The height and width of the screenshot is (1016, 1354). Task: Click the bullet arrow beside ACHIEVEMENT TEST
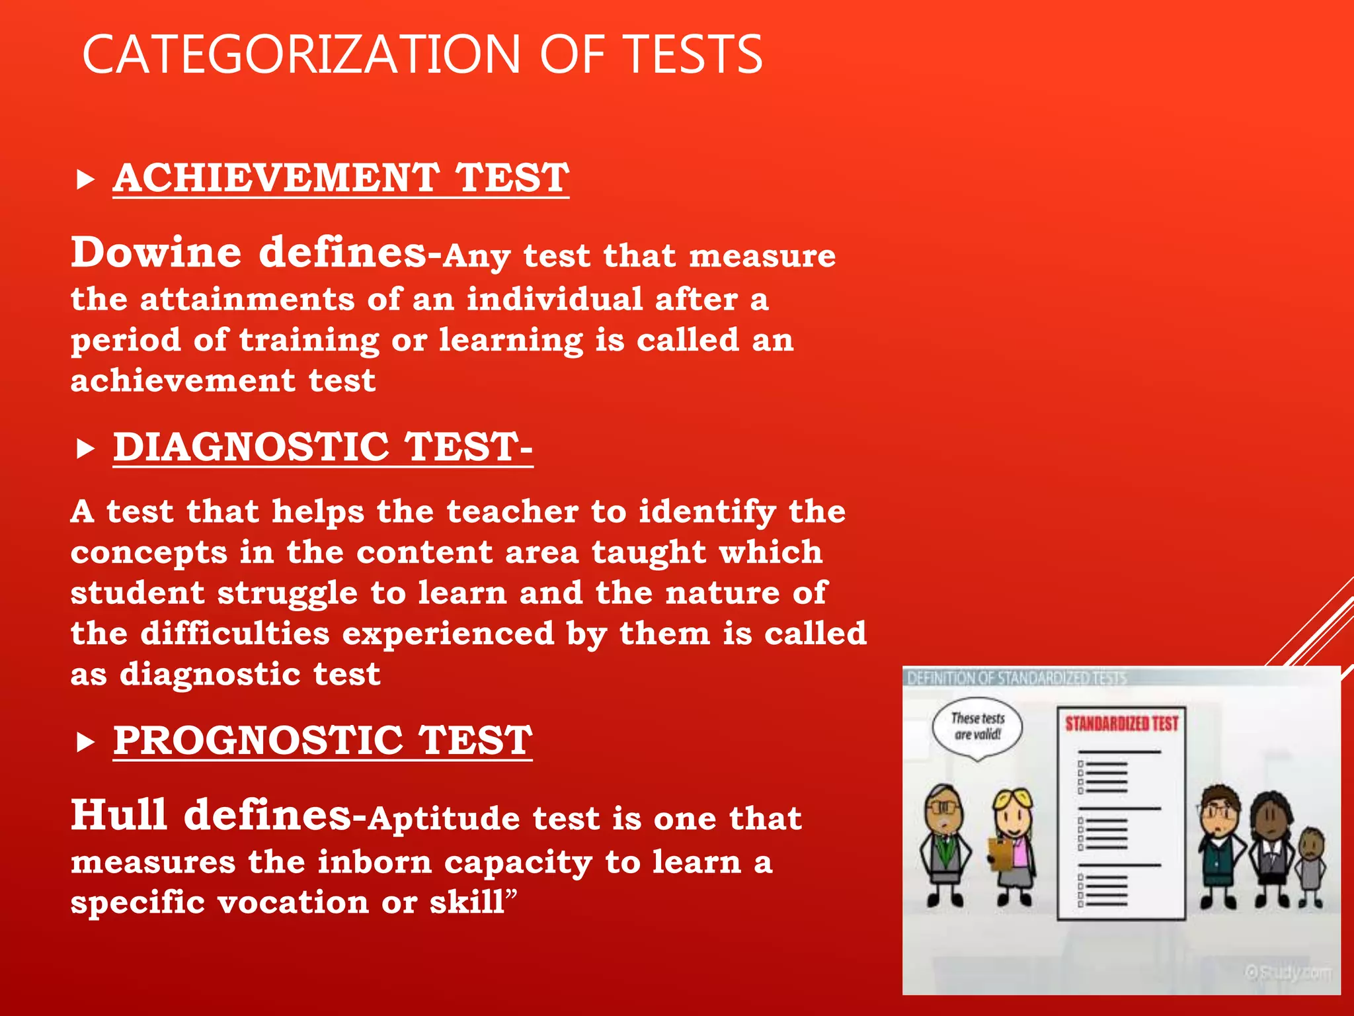(x=85, y=179)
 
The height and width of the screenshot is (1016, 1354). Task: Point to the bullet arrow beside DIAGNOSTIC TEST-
(x=85, y=448)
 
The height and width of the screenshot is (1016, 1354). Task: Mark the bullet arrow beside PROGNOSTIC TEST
(x=85, y=742)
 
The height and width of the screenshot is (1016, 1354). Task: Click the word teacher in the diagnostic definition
(x=512, y=512)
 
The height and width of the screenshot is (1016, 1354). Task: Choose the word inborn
(x=374, y=862)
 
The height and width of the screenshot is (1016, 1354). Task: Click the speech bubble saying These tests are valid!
(x=977, y=727)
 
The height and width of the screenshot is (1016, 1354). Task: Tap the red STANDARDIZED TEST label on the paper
(x=1121, y=724)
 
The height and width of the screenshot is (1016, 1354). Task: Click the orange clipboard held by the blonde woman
(x=998, y=853)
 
